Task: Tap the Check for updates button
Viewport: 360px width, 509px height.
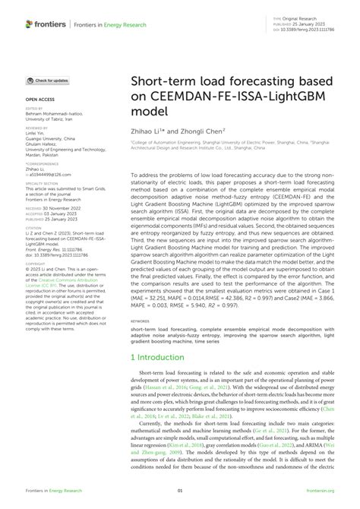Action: point(49,80)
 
